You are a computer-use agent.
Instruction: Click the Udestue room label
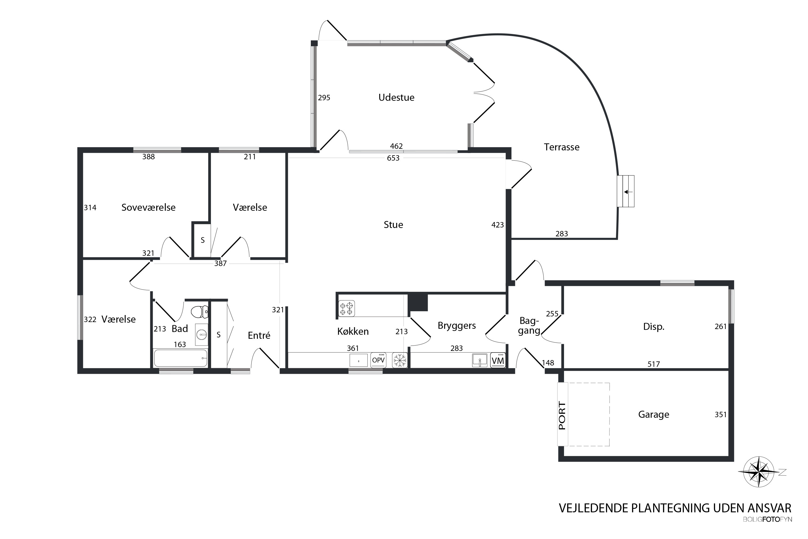click(396, 98)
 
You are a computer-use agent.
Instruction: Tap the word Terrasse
click(562, 147)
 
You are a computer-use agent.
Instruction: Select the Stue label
click(393, 225)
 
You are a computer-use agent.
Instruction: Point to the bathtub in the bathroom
click(181, 358)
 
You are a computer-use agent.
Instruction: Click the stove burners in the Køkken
click(346, 308)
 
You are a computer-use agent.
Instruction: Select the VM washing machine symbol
click(498, 360)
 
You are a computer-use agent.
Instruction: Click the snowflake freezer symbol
click(400, 360)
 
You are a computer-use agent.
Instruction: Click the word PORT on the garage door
click(562, 416)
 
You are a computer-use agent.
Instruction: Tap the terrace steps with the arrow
click(626, 191)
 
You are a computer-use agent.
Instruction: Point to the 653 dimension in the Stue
click(393, 158)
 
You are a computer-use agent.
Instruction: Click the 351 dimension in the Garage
click(720, 414)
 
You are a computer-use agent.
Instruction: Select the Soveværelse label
click(148, 208)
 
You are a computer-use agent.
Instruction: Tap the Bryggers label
click(457, 326)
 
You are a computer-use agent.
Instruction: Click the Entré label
click(259, 335)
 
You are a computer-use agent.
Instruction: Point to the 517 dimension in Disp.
click(654, 364)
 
